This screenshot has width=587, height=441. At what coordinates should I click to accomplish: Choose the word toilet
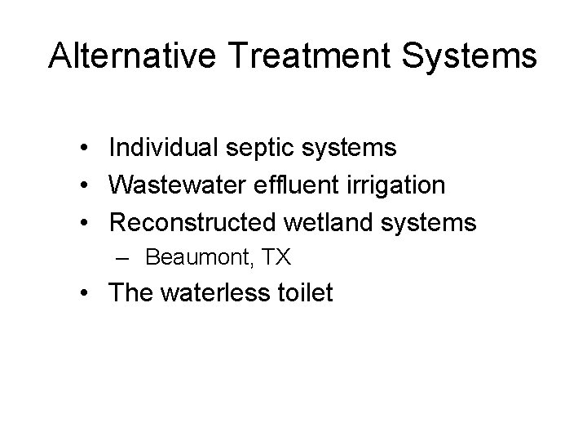tap(303, 293)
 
